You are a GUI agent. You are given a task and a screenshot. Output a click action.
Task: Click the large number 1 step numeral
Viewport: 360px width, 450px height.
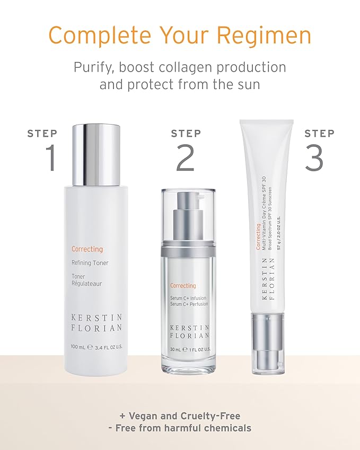pos(50,157)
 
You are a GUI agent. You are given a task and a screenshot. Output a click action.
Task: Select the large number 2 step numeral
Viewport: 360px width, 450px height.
pos(185,157)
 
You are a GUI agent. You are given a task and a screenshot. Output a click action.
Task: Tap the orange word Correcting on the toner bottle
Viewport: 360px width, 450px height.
pos(87,249)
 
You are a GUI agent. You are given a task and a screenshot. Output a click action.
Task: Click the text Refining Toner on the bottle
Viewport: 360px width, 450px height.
pos(90,263)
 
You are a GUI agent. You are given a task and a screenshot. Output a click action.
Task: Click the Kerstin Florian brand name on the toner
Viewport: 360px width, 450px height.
pos(96,323)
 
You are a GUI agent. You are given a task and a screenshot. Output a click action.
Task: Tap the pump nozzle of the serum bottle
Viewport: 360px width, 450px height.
pos(188,200)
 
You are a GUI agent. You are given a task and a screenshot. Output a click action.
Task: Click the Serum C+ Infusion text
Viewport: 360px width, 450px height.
pos(188,298)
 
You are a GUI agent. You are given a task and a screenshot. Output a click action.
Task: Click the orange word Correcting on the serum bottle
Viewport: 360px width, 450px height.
pos(183,286)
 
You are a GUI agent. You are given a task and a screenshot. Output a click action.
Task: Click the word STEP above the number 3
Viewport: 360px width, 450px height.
pos(319,134)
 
